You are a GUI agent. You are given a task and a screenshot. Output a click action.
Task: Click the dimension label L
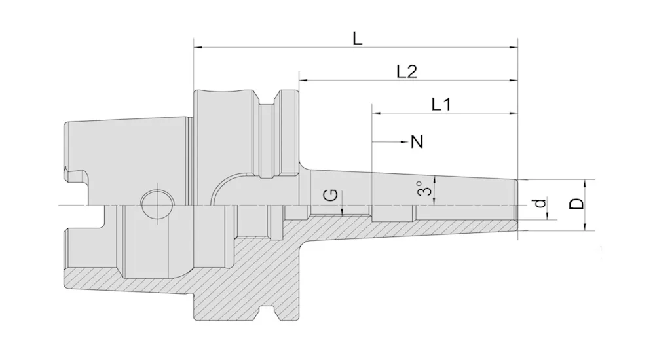pyautogui.click(x=357, y=39)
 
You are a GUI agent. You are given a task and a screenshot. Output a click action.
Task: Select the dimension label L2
pyautogui.click(x=407, y=72)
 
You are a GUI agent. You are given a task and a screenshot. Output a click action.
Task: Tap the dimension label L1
pyautogui.click(x=441, y=104)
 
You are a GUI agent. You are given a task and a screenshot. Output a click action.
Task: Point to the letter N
pyautogui.click(x=417, y=142)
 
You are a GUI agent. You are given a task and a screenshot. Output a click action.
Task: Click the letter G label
pyautogui.click(x=331, y=194)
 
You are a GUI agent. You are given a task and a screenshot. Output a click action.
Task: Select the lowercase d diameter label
pyautogui.click(x=540, y=203)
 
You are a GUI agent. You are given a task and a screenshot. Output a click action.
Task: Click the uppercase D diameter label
pyautogui.click(x=577, y=204)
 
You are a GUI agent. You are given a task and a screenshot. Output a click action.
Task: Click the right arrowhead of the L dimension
pyautogui.click(x=514, y=48)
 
